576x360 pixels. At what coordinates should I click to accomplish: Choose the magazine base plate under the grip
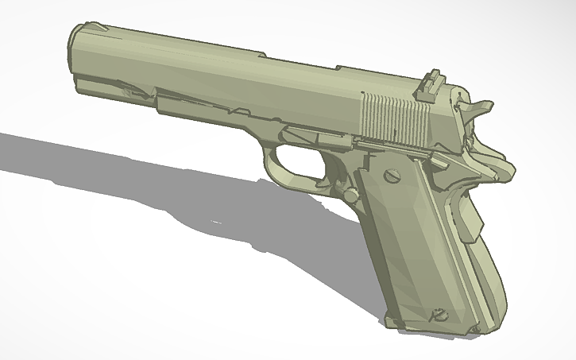click(445, 329)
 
